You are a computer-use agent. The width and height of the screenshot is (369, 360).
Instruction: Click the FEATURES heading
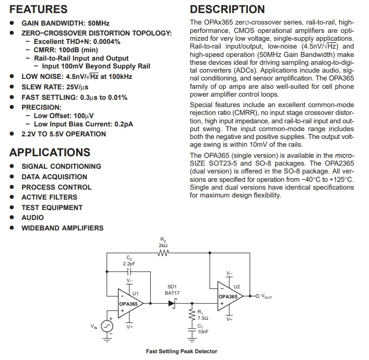(x=38, y=9)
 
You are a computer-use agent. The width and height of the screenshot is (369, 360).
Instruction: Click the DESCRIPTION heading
(x=228, y=9)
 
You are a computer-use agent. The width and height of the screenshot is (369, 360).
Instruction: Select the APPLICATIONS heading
(x=50, y=153)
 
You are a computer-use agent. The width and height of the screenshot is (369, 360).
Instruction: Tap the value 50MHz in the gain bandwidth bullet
(x=99, y=24)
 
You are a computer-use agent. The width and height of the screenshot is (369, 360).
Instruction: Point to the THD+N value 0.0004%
(x=107, y=42)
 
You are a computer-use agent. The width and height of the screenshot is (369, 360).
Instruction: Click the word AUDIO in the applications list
(x=33, y=217)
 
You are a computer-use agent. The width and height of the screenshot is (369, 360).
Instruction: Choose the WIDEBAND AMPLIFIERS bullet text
(x=63, y=228)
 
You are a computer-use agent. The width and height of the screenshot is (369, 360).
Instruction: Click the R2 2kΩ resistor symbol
(x=163, y=253)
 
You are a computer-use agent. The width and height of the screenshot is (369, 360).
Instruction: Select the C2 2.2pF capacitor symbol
(x=129, y=272)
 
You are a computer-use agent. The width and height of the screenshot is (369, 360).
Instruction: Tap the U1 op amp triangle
(x=130, y=304)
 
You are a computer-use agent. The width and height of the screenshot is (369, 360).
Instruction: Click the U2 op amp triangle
(x=230, y=296)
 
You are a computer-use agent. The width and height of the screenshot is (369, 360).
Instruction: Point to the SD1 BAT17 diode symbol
(x=173, y=304)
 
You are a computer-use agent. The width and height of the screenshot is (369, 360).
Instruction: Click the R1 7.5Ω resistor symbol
(x=192, y=315)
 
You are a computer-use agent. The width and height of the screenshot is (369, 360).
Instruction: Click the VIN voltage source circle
(x=107, y=327)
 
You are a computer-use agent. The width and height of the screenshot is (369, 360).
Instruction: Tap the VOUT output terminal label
(x=266, y=296)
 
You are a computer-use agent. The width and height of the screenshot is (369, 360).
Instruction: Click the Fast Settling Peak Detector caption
(x=182, y=351)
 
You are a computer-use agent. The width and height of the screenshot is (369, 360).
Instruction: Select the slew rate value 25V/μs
(x=77, y=87)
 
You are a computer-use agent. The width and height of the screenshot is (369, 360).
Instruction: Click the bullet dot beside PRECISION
(x=12, y=107)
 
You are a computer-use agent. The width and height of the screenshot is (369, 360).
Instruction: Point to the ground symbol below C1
(x=192, y=340)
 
